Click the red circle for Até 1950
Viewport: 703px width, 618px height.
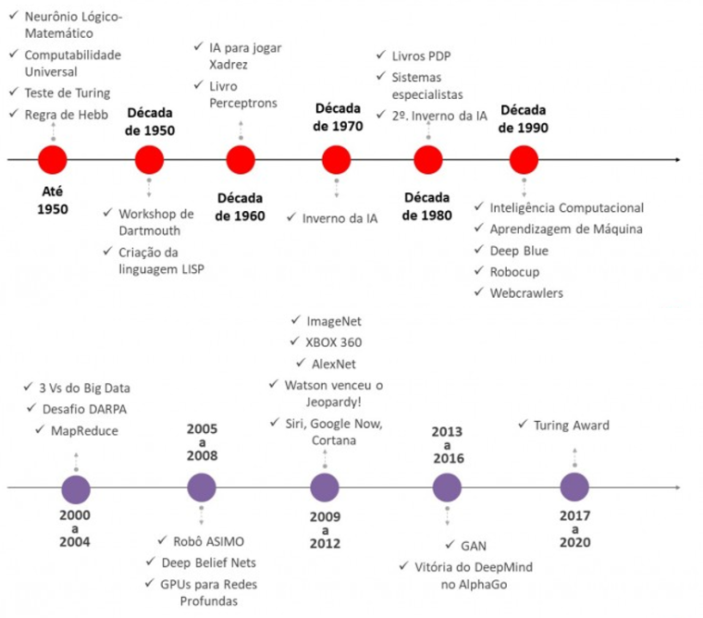pos(53,160)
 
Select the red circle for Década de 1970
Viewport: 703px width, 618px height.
pos(337,160)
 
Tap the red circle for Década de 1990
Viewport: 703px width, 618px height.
pos(524,160)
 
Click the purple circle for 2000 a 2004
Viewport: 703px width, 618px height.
pos(76,489)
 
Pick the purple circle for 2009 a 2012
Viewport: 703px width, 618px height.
pos(325,488)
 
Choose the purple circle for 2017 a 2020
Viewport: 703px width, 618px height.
pos(574,487)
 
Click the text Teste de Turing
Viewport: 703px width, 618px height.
pos(68,93)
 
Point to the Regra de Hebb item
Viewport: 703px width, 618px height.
pos(67,115)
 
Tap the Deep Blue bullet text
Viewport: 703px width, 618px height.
pos(519,251)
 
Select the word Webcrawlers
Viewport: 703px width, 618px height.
pos(526,293)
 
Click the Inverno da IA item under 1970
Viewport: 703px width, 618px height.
pos(339,219)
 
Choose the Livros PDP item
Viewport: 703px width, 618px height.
pos(421,56)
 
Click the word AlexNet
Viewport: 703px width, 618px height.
pos(334,365)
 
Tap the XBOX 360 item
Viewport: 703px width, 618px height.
pos(334,342)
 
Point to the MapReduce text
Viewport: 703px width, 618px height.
pos(84,431)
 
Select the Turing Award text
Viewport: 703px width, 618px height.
pos(572,426)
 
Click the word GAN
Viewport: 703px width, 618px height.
pos(474,546)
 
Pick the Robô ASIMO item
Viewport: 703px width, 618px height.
pos(208,542)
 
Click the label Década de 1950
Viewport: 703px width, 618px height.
pos(150,121)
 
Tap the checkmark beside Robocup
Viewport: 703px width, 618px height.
pos(479,270)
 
